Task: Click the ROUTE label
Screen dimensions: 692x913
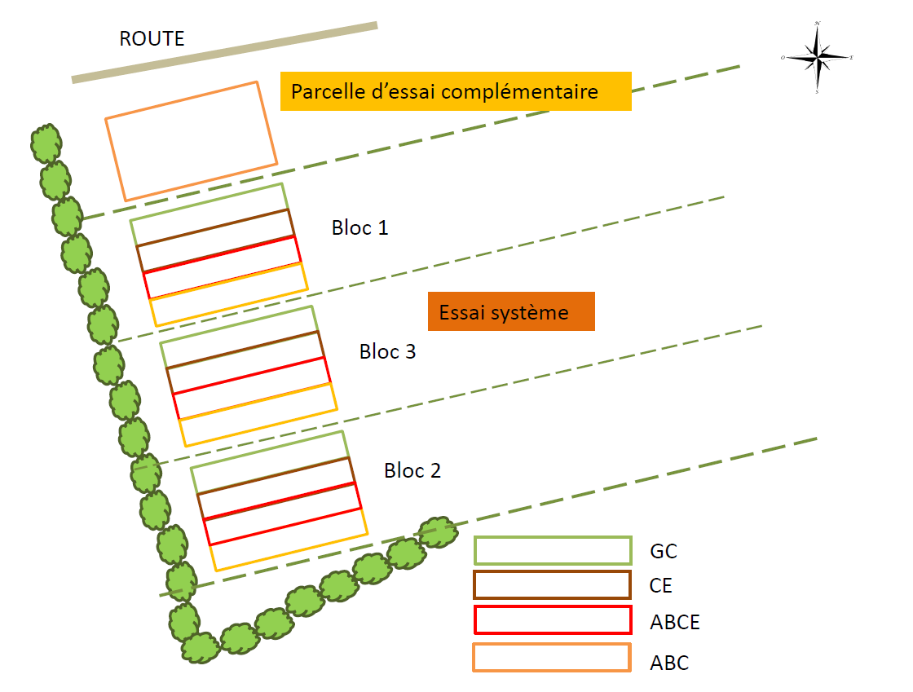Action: [152, 38]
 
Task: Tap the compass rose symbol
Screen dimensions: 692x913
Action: [817, 58]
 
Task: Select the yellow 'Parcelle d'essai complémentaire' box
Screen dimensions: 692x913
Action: [456, 91]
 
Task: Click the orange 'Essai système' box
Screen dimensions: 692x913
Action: [511, 312]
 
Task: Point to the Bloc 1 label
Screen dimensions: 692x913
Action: [359, 227]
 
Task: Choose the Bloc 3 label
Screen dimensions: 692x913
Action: [387, 352]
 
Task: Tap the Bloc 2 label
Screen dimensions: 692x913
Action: [412, 470]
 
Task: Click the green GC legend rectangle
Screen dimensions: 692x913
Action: [553, 551]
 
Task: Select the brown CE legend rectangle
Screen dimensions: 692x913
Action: [553, 585]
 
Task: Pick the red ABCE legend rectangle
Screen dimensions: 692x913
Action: [553, 620]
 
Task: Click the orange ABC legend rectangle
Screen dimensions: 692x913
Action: [553, 658]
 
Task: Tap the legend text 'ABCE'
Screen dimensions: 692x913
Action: [675, 623]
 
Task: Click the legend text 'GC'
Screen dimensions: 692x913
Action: [664, 552]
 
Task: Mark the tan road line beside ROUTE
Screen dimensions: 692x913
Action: [225, 53]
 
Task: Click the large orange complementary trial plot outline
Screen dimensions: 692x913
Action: [192, 141]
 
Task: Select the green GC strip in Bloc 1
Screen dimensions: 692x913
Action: [210, 214]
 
